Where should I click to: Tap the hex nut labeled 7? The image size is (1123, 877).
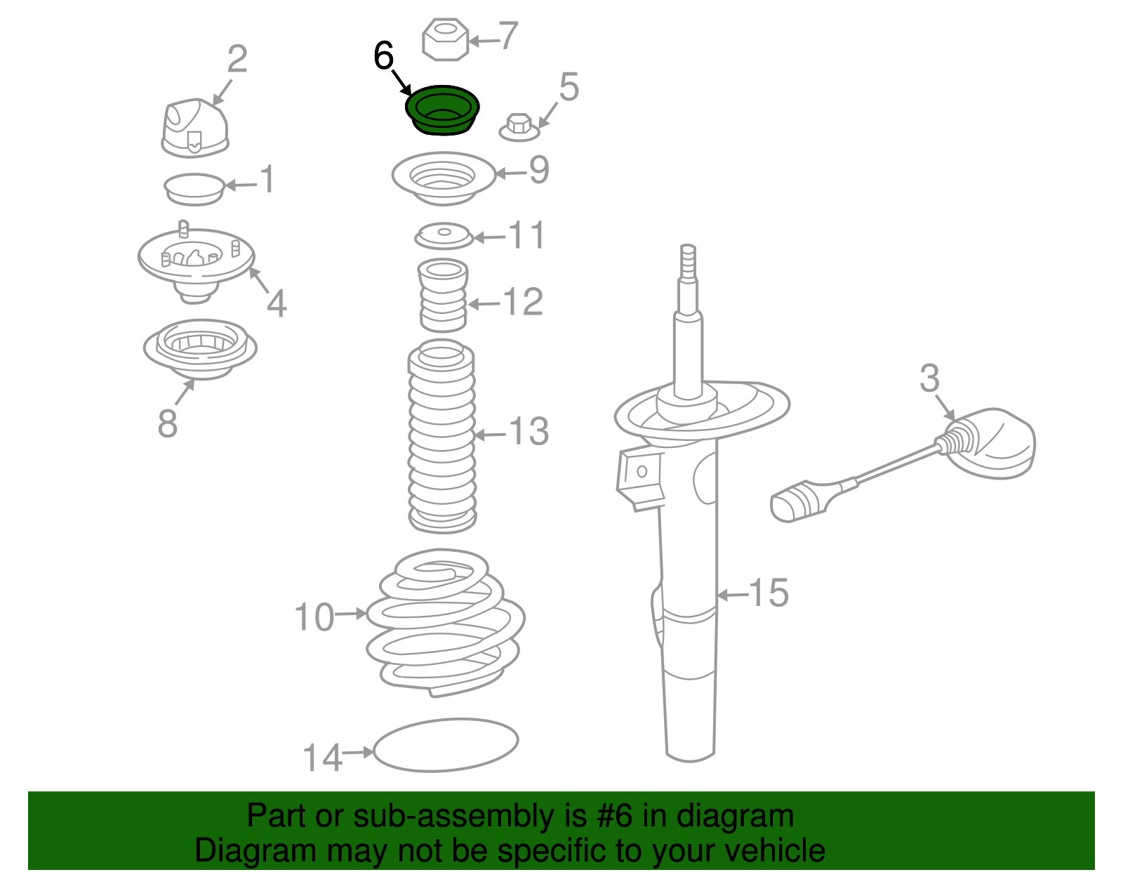[x=445, y=40]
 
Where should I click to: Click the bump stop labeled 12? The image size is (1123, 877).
[x=444, y=296]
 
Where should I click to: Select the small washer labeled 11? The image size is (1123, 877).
[x=444, y=236]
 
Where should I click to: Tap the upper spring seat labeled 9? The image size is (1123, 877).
[x=444, y=178]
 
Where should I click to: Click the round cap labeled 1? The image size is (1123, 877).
[x=194, y=189]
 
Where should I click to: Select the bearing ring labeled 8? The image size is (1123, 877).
[x=200, y=349]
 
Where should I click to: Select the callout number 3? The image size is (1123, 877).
[x=929, y=378]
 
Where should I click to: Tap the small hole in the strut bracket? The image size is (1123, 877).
[x=642, y=471]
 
